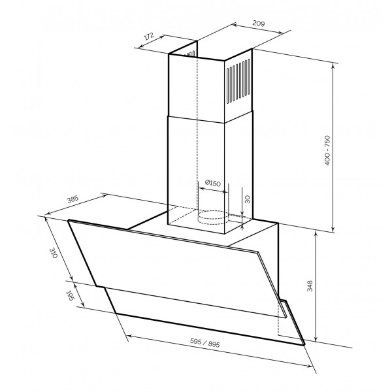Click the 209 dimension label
click(x=258, y=24)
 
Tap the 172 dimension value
click(x=148, y=36)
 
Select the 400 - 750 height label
click(x=327, y=150)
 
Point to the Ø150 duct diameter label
click(x=213, y=183)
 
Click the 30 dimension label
click(x=247, y=199)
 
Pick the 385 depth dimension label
click(x=73, y=199)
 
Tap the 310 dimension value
click(x=54, y=253)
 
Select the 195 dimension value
click(x=69, y=296)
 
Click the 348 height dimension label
click(x=310, y=286)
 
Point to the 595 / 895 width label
click(x=204, y=342)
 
